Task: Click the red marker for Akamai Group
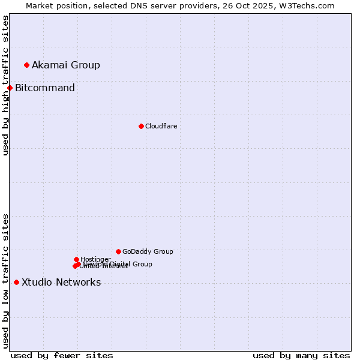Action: tap(26, 65)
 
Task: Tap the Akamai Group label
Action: tap(66, 65)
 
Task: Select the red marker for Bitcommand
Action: tap(10, 88)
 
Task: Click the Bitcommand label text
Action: tap(45, 88)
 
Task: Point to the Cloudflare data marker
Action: tap(141, 126)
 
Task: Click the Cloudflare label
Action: tap(161, 126)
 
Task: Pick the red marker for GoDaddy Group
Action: tap(118, 251)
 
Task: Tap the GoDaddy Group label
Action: tap(148, 251)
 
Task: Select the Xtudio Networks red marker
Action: tap(16, 283)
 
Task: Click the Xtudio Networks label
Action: tap(61, 283)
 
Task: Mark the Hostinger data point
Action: tap(76, 259)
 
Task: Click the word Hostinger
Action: tap(95, 259)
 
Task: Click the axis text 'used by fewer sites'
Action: tap(62, 356)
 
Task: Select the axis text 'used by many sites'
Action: tap(301, 356)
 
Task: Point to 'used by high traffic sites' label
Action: tap(6, 85)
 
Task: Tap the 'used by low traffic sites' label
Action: tap(6, 281)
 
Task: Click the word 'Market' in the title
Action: tap(41, 5)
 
